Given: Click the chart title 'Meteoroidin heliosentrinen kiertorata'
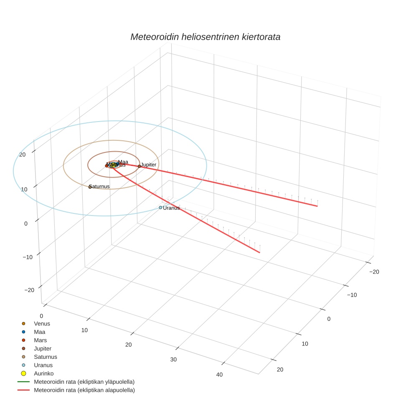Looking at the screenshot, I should (x=205, y=37).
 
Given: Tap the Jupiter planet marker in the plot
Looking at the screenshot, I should (x=139, y=166).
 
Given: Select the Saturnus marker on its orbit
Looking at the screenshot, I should (x=90, y=187).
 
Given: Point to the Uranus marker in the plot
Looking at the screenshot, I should (x=160, y=208).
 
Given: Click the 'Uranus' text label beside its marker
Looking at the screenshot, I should (x=171, y=208).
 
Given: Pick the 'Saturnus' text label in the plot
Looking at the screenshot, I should (x=100, y=186).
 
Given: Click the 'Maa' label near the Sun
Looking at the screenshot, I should (x=123, y=162).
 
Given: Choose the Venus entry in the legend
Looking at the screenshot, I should (x=42, y=324).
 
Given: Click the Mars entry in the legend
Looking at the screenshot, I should (x=40, y=340).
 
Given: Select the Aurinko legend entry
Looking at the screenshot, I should (x=43, y=373).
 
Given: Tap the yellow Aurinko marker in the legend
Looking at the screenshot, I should (x=24, y=373).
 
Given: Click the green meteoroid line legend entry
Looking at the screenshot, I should (x=84, y=382).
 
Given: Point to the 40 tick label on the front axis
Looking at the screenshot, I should (x=219, y=374).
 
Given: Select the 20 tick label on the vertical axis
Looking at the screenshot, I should (x=23, y=155).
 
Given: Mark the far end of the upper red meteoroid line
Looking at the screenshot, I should (x=317, y=206).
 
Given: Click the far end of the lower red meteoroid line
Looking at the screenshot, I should (x=260, y=252).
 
